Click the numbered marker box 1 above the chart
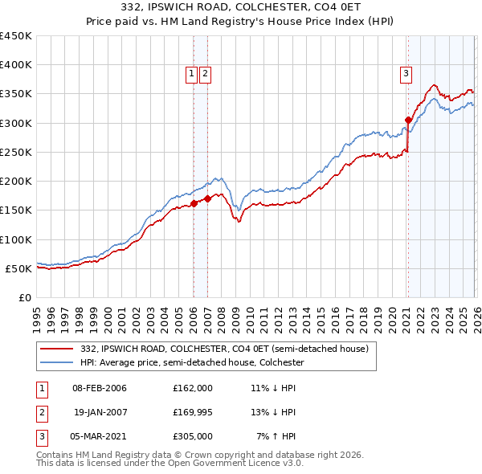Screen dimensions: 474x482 [x=192, y=74]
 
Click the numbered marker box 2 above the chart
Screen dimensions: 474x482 [x=205, y=74]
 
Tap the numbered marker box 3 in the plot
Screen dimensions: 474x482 [x=406, y=74]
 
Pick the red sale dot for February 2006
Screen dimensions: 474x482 [x=194, y=203]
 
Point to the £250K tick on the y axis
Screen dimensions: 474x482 [x=16, y=152]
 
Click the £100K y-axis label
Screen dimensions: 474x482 [x=16, y=239]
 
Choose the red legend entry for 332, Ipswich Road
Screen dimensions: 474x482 [x=224, y=349]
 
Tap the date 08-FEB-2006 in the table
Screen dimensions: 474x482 [x=100, y=388]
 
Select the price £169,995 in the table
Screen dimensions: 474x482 [x=192, y=412]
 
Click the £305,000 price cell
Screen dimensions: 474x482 [x=192, y=436]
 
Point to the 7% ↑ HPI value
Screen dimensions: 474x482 [x=276, y=436]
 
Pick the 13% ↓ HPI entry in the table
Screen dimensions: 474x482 [x=274, y=412]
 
